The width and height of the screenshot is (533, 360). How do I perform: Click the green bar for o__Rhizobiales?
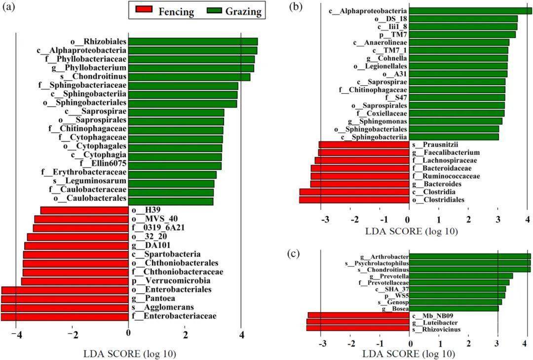coord(193,42)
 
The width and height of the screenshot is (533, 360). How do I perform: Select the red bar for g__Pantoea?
coord(65,299)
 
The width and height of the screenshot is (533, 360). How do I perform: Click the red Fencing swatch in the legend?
coord(142,11)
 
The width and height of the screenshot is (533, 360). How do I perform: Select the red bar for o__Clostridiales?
coord(354,199)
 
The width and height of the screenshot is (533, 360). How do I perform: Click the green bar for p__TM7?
coord(462,35)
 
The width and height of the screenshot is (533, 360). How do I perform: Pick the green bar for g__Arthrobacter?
coord(469,256)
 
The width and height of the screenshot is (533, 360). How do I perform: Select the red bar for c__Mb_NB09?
coord(359,315)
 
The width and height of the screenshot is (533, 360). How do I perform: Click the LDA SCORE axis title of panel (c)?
coord(408,354)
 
